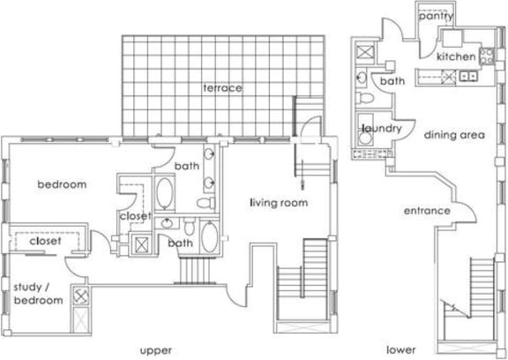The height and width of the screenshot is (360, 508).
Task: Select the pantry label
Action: click(436, 15)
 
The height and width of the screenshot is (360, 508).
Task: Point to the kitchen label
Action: click(458, 56)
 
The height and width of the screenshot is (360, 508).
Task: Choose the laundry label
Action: click(381, 129)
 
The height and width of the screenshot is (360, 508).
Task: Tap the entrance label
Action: click(427, 211)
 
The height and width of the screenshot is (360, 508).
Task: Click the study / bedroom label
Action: click(37, 293)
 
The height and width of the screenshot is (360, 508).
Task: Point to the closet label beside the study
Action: click(44, 240)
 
